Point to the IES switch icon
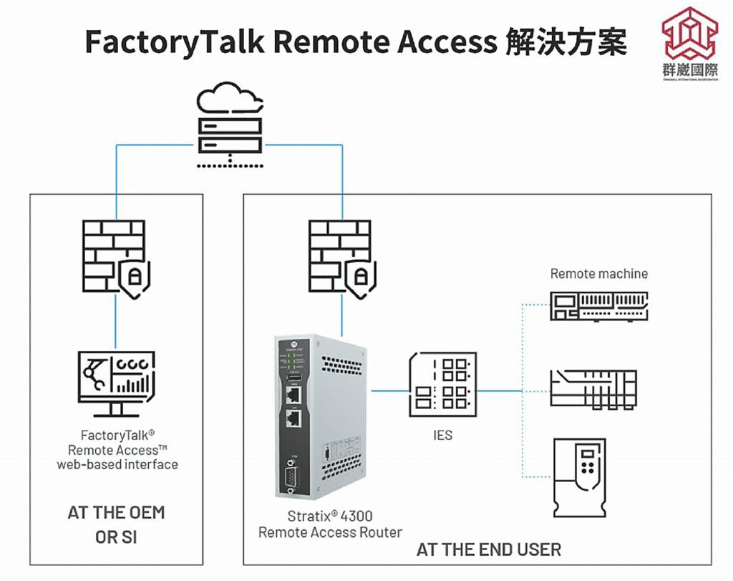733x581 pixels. [442, 384]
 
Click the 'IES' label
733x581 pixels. [443, 435]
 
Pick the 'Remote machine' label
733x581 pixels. [598, 274]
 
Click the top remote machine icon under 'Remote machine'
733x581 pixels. [598, 305]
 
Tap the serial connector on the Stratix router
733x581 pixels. [291, 474]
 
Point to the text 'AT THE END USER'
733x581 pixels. [489, 549]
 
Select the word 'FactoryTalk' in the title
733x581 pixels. [175, 42]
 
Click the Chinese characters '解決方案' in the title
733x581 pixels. [565, 42]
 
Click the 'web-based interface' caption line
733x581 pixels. [117, 464]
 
